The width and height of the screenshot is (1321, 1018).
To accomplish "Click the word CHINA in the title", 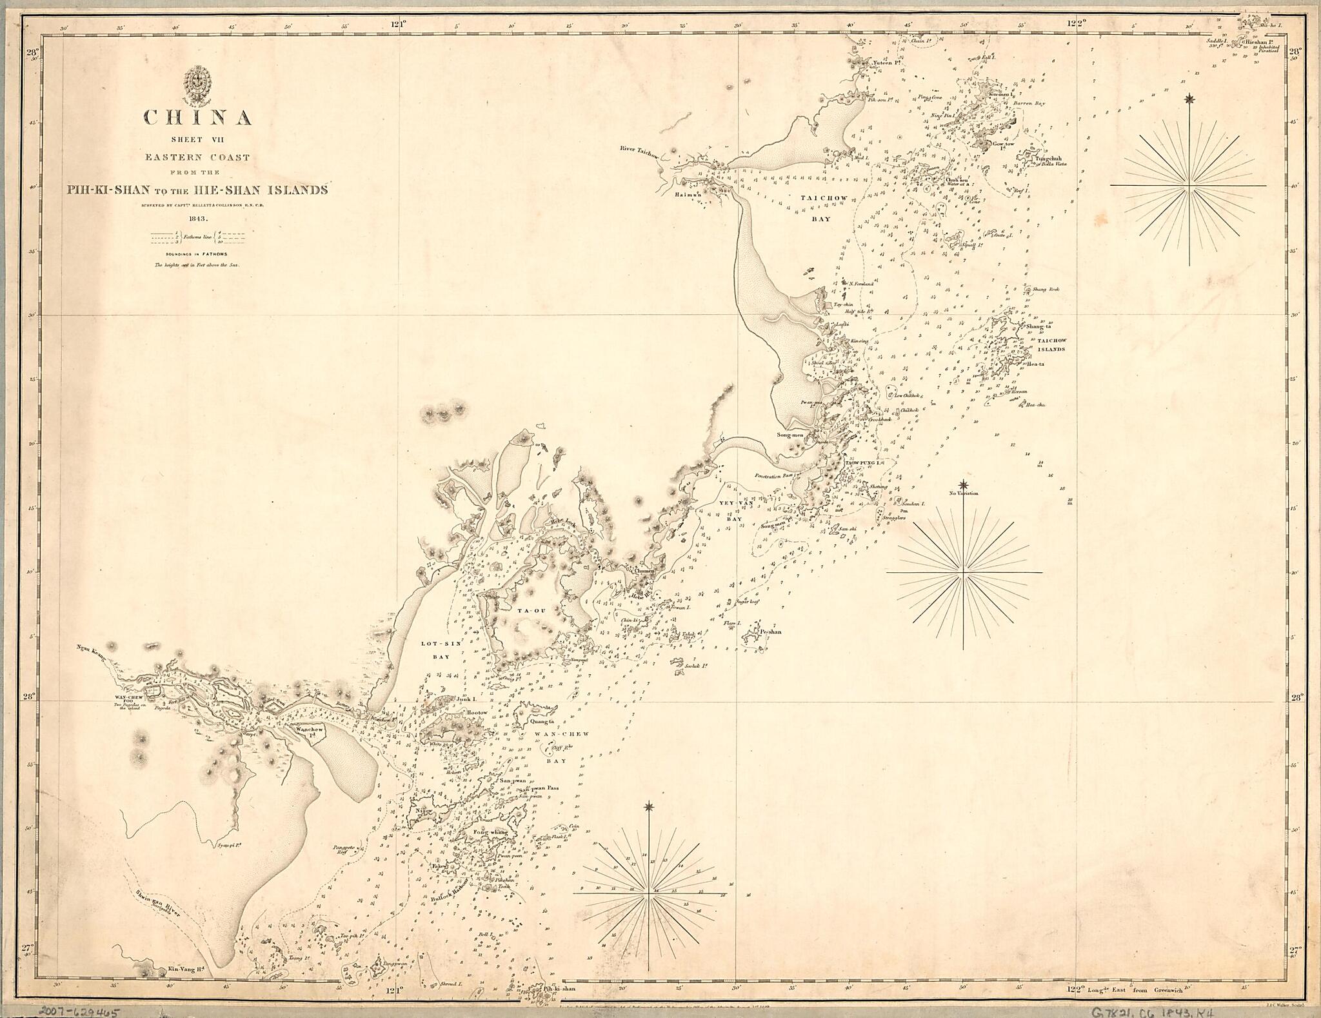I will pyautogui.click(x=197, y=117).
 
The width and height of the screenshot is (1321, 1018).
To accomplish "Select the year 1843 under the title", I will pyautogui.click(x=197, y=219).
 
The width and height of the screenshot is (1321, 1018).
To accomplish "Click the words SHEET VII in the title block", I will pyautogui.click(x=197, y=139).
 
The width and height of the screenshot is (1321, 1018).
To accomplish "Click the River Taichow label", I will pyautogui.click(x=638, y=149).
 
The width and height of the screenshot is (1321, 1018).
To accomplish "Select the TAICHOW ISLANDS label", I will pyautogui.click(x=1051, y=344).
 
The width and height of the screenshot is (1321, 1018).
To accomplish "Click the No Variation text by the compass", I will pyautogui.click(x=963, y=494).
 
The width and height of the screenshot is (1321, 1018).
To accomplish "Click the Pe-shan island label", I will pyautogui.click(x=770, y=632).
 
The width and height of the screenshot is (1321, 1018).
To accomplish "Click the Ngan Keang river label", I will pyautogui.click(x=90, y=650).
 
